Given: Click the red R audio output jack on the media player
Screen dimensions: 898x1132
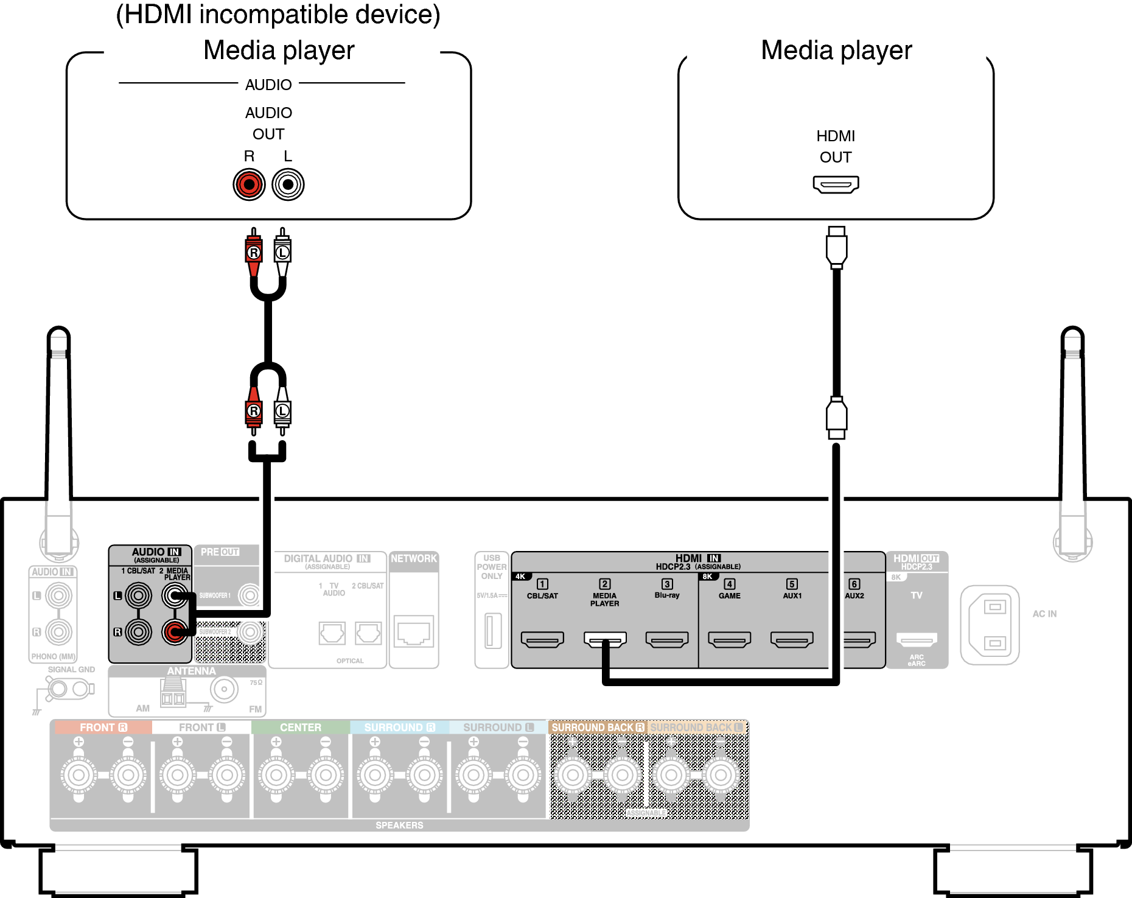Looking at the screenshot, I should click(x=249, y=184).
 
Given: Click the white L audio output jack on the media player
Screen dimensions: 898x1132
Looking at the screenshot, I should click(x=288, y=184).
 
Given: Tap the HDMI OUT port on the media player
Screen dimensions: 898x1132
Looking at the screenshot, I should click(x=836, y=184).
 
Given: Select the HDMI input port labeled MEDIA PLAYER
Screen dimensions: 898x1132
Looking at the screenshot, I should click(x=604, y=639).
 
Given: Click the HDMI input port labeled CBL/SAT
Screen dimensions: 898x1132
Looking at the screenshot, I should click(x=542, y=639).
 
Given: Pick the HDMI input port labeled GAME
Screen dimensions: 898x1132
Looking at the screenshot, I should click(x=729, y=639).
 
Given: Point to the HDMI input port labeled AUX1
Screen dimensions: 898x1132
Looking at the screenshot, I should click(x=792, y=639).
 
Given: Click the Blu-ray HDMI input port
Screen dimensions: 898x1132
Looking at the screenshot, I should click(x=667, y=639).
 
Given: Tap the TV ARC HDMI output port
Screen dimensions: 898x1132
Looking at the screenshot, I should click(x=917, y=639).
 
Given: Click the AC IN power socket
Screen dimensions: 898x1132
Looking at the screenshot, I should click(x=990, y=625).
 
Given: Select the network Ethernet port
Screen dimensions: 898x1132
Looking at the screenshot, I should click(x=414, y=632).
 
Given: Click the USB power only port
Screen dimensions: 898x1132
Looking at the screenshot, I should click(x=492, y=631).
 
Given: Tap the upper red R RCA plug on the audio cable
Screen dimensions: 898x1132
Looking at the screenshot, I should click(x=254, y=251).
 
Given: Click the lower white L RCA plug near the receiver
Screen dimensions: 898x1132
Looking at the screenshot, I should click(x=282, y=412).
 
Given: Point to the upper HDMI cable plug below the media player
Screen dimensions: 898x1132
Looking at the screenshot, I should click(x=836, y=247).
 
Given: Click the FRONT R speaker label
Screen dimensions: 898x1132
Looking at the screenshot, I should click(x=103, y=728).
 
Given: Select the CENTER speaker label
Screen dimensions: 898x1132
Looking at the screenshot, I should click(x=301, y=728).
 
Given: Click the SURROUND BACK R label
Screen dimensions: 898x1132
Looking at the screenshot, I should click(x=597, y=728).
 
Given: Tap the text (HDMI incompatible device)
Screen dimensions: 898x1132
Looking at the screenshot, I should click(x=278, y=15).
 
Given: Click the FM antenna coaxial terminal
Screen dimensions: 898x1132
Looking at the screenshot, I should click(x=224, y=689).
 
